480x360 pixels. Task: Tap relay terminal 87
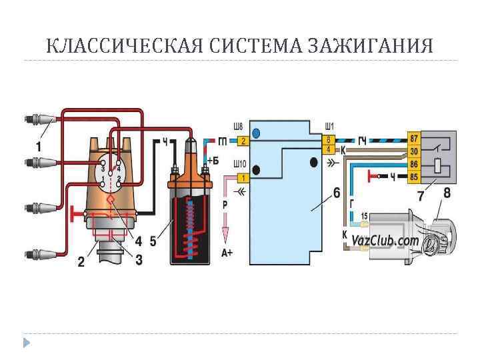(414, 138)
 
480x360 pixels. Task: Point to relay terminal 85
(414, 177)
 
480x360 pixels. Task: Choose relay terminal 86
(414, 163)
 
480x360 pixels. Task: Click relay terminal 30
(414, 151)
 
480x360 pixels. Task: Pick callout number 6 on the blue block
(336, 194)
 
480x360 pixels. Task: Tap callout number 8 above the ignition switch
(447, 193)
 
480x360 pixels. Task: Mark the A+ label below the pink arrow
(227, 252)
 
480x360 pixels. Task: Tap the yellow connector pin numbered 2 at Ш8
(243, 141)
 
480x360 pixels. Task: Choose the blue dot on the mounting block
(257, 133)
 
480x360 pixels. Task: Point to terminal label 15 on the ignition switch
(364, 215)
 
